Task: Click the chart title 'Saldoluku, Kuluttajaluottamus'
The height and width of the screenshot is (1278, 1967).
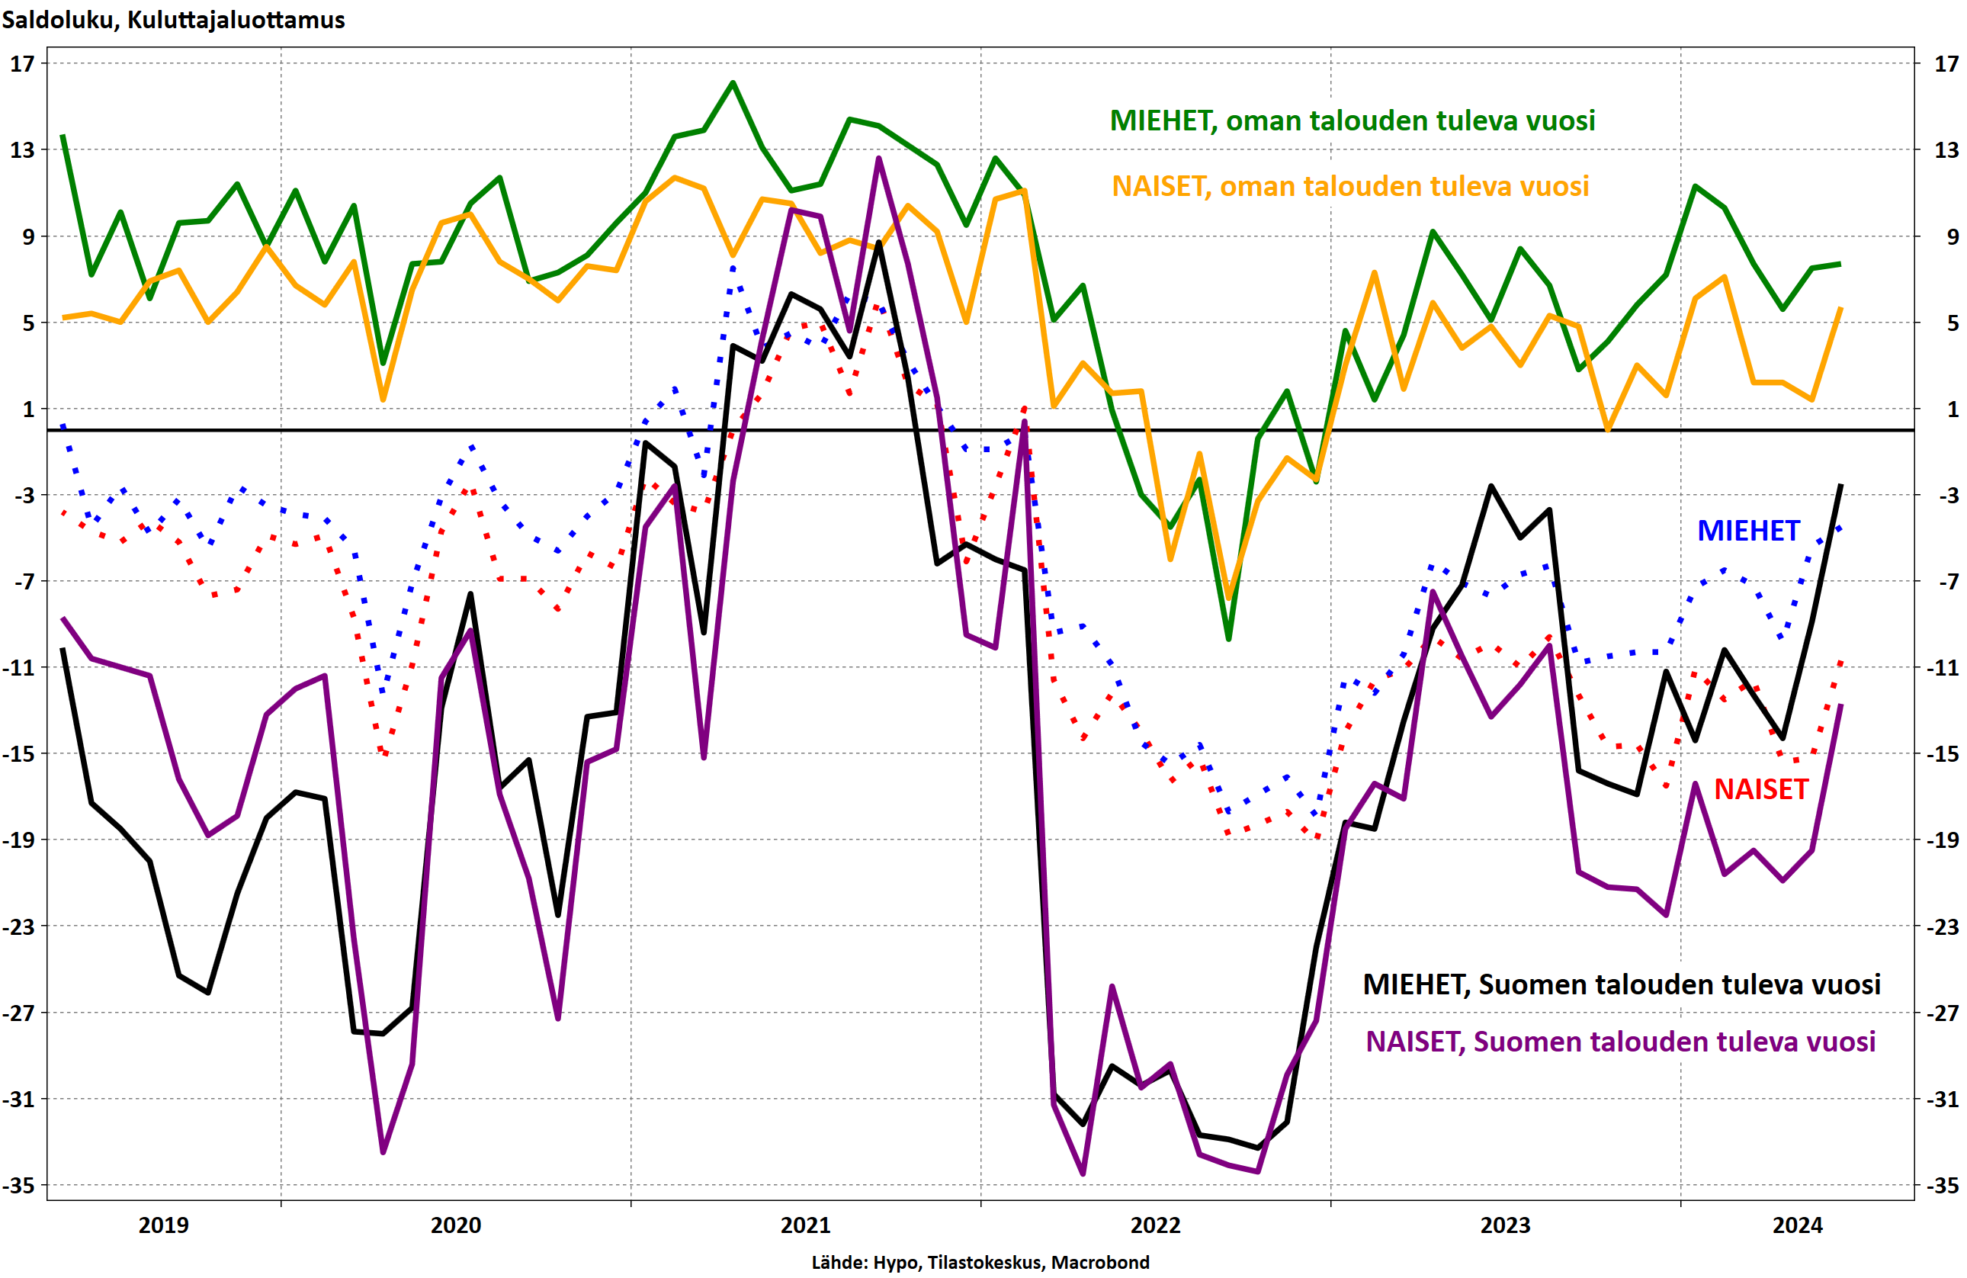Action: (174, 20)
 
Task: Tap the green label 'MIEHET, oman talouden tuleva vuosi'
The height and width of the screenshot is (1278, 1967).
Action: (1352, 120)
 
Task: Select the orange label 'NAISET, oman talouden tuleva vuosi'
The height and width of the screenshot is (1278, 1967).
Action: (1350, 186)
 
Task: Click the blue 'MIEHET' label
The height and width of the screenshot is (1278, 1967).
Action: (1748, 531)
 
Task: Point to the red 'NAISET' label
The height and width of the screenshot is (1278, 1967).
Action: (1761, 789)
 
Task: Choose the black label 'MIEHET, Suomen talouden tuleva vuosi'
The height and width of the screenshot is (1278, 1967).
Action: (1622, 984)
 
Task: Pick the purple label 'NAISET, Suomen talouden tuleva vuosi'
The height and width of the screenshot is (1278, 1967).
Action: (1620, 1042)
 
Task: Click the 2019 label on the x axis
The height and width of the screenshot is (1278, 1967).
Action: (164, 1225)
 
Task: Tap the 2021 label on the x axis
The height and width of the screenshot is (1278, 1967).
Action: (806, 1225)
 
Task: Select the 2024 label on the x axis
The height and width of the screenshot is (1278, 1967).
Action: (1797, 1225)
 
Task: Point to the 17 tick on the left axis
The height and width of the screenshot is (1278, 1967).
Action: (22, 63)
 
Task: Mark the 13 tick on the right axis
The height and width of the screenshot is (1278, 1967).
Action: (1946, 149)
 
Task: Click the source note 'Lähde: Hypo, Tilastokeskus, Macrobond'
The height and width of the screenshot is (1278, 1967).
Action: (980, 1262)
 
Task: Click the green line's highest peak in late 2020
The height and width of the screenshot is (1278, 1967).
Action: (733, 82)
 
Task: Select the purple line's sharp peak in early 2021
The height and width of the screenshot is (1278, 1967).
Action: (878, 158)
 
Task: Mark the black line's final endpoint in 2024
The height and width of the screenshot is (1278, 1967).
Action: (1840, 485)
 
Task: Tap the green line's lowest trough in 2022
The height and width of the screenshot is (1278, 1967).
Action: (1229, 639)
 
